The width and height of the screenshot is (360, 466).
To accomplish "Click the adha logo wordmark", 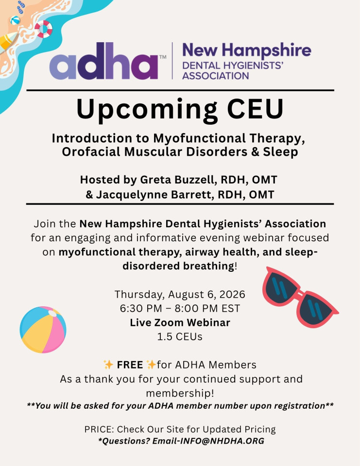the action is pos(104,61).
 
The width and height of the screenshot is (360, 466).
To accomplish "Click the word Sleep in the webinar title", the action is pos(280,152).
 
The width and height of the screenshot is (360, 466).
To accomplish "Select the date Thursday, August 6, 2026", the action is pos(180,294).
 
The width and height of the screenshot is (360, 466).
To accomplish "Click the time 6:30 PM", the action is pos(141,309).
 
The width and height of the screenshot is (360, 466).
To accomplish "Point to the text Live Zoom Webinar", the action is pos(180,323).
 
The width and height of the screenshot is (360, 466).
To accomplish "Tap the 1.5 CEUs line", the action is pos(180,337).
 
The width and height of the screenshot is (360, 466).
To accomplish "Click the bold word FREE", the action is pos(130,365).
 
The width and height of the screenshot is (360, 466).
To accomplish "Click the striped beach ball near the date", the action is pos(43,330).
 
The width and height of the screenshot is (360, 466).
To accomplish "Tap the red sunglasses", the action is pos(300,297).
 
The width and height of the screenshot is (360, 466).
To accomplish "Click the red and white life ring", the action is pos(43,29).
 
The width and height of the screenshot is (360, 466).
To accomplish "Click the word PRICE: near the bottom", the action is pos(99,430).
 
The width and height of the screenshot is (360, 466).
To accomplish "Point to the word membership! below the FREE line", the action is pos(180,394).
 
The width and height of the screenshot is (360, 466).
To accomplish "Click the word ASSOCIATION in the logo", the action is pos(216,76).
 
